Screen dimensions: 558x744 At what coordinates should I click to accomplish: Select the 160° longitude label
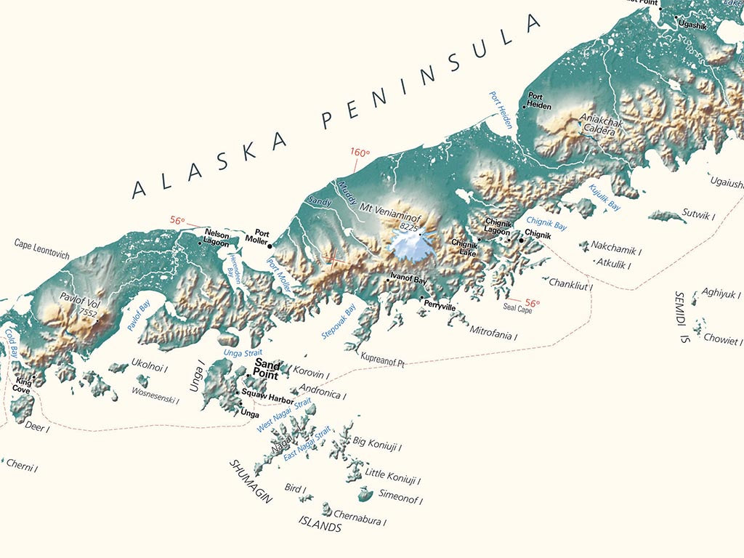coord(360,153)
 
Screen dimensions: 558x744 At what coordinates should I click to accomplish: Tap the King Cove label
coord(22,385)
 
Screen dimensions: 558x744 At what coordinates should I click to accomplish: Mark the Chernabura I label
coord(360,521)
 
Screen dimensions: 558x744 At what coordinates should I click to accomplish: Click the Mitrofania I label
coord(493,336)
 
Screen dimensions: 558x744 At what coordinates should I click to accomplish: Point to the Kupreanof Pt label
coord(381,361)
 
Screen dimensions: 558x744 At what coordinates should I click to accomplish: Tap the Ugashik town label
coord(692,25)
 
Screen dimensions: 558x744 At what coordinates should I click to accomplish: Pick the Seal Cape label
coord(518,309)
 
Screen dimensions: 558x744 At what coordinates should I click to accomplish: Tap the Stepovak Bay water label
coord(339,323)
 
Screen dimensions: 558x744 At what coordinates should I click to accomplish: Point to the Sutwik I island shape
coord(666,216)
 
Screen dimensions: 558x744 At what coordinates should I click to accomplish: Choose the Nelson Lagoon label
coord(217,239)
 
